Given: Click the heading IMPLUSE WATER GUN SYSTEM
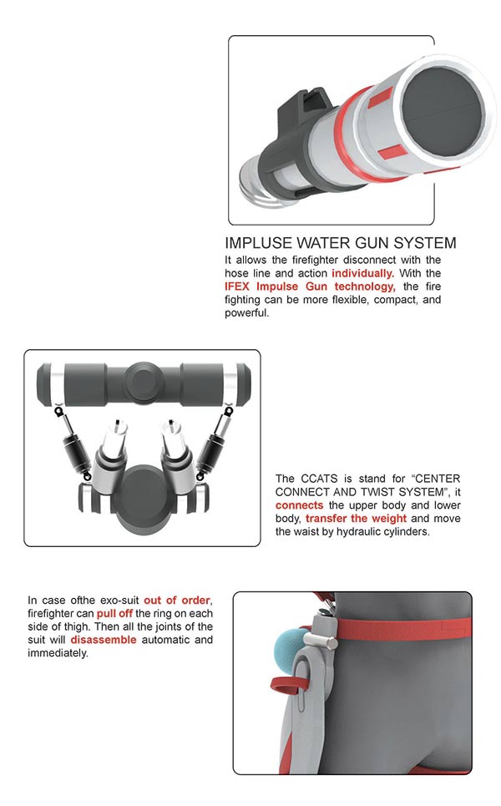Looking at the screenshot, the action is click(340, 243).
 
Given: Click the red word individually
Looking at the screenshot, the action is click(362, 273).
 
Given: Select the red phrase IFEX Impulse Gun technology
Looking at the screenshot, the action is click(310, 286).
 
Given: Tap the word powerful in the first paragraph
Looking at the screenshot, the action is click(246, 313).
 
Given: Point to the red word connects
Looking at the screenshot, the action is click(299, 505).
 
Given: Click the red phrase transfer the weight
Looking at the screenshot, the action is click(356, 519).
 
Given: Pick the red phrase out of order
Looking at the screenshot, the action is click(177, 601).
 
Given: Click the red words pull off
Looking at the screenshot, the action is click(114, 614).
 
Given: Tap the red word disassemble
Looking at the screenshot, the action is click(104, 640).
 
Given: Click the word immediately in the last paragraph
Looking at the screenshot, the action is click(58, 653).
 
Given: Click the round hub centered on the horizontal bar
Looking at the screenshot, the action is click(145, 383).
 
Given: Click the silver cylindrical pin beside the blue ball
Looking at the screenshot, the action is click(320, 641).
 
